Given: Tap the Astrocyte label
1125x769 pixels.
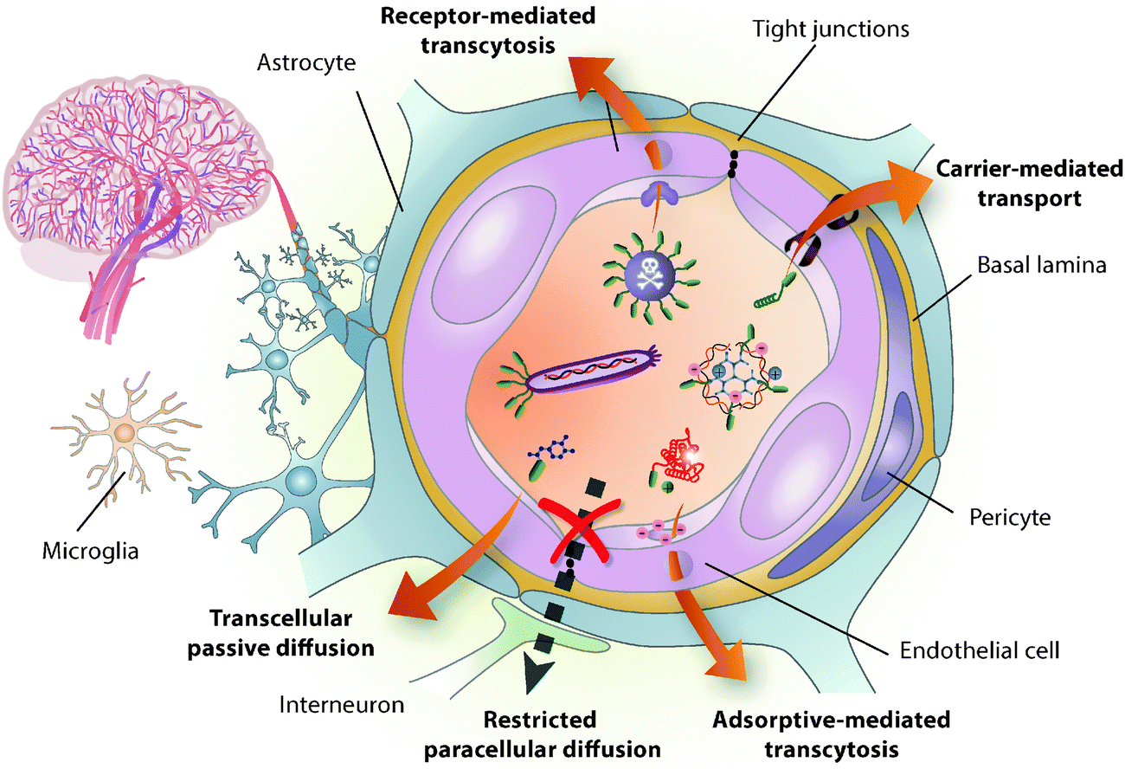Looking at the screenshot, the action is point(306,63).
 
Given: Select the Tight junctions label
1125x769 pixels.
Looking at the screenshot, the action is point(831,29).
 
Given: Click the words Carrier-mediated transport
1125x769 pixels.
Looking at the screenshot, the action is point(1029,184).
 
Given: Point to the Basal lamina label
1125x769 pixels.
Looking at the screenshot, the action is point(1042,265).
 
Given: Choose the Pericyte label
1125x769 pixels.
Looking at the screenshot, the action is point(1010,517).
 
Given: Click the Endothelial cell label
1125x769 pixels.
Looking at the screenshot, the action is point(980,650).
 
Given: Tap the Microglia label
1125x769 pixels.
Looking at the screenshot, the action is point(90,551).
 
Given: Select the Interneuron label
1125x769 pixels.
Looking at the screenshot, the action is point(342,705).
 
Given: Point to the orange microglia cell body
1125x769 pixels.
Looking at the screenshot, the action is point(124,432).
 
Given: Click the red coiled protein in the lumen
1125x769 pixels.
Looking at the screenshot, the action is point(679,458).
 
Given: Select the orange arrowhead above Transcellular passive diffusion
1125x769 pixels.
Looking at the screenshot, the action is point(411,598).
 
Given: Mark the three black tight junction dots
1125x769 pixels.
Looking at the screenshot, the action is point(733,164).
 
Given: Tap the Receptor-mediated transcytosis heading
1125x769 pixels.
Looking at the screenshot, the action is point(488,30).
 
